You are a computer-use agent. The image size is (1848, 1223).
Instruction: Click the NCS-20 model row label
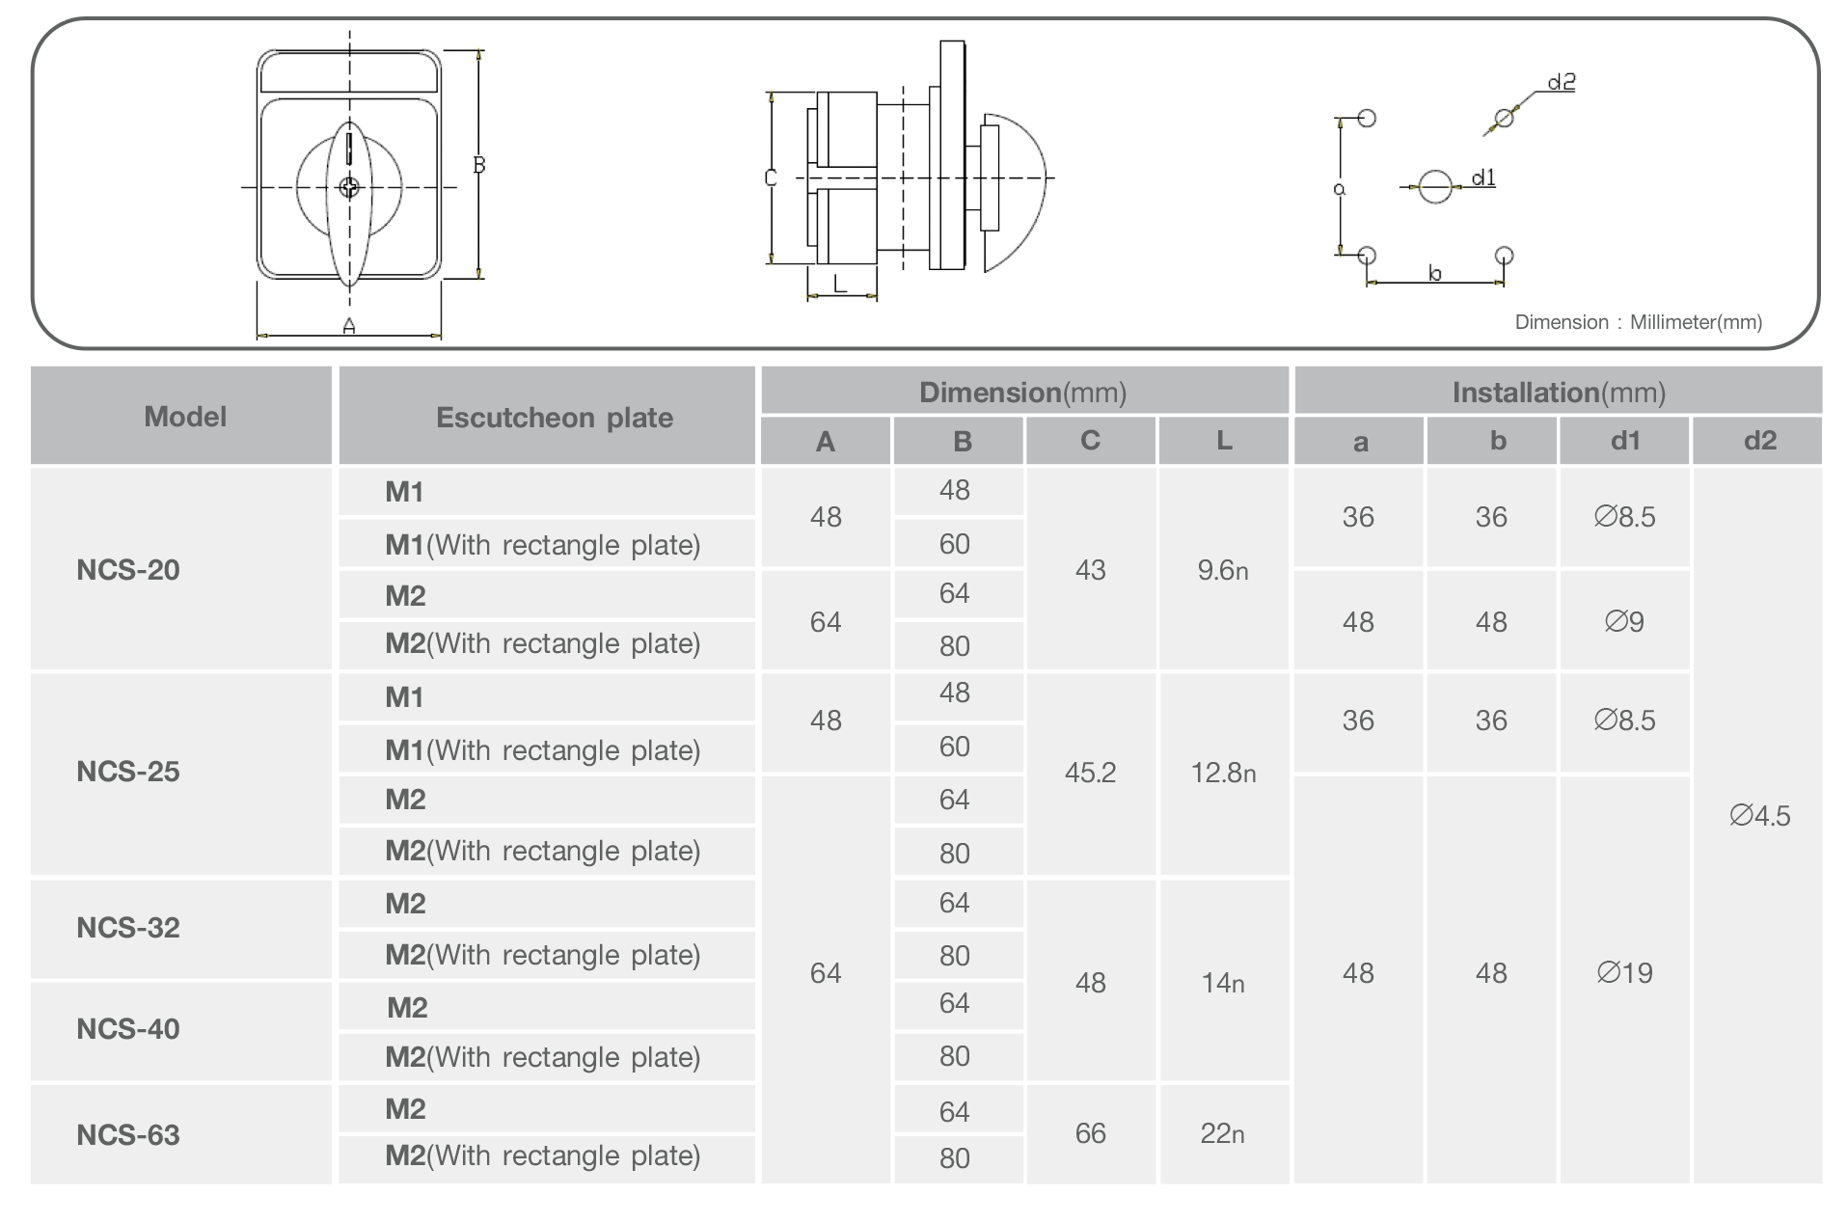point(128,569)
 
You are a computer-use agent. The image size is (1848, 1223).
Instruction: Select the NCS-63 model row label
point(128,1134)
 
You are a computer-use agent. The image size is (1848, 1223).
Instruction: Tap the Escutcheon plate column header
point(554,417)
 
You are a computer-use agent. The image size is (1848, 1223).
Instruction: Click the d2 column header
point(1759,441)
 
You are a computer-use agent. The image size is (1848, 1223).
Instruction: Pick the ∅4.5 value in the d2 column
point(1759,816)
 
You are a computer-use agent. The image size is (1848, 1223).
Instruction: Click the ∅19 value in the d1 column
point(1624,972)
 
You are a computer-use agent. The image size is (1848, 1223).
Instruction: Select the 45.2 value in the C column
point(1090,773)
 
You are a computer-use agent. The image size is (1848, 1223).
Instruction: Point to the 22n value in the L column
point(1222,1133)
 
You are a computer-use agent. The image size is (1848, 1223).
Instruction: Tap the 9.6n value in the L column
point(1222,570)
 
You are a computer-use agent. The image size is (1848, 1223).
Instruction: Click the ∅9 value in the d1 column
point(1624,621)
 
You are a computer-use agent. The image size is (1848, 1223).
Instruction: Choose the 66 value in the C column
point(1090,1133)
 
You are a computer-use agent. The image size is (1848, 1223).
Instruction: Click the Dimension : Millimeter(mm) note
point(1638,322)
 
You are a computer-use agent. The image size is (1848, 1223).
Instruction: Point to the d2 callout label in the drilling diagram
point(1561,83)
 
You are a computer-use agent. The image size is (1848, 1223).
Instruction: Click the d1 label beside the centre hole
point(1483,177)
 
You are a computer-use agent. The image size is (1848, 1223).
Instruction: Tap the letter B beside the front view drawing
point(478,165)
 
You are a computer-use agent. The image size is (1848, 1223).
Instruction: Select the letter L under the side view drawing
point(839,284)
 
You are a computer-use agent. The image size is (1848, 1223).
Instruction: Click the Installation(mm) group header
point(1559,392)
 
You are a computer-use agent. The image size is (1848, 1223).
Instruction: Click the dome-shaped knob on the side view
point(1018,191)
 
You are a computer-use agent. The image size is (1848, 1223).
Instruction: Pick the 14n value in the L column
point(1222,983)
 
